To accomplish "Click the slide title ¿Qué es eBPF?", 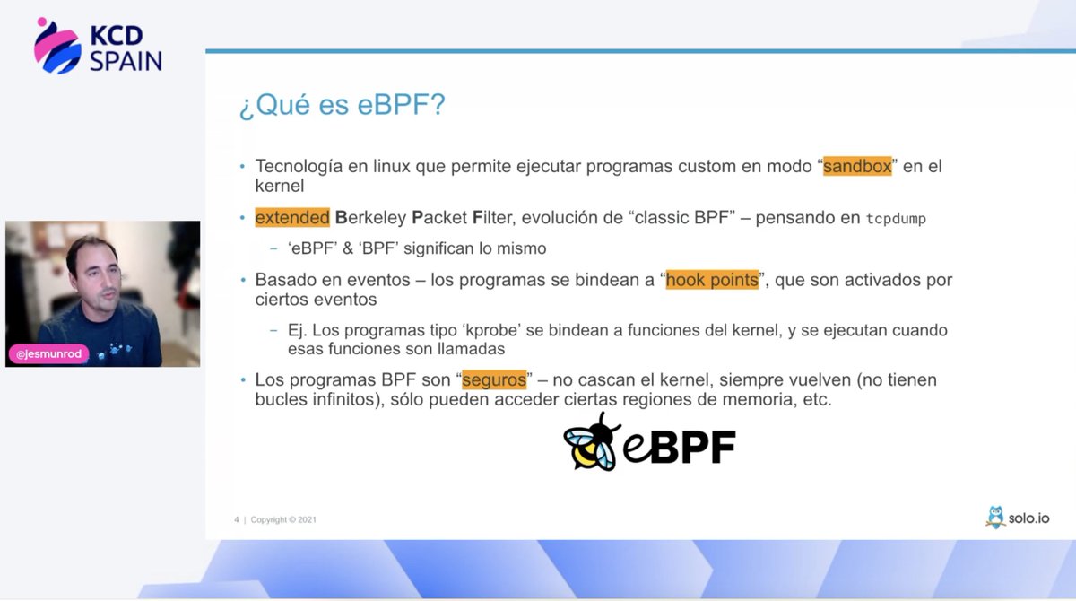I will (x=342, y=105).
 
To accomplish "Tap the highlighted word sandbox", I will (x=857, y=167).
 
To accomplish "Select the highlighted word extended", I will (x=292, y=218).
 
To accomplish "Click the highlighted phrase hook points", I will (x=713, y=280).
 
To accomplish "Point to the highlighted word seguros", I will (x=493, y=379).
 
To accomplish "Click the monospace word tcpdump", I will (x=895, y=219).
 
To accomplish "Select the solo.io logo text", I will (x=1028, y=518).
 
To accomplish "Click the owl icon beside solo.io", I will (x=994, y=517).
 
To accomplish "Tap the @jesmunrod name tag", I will (x=49, y=354).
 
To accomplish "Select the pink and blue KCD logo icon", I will (x=57, y=46).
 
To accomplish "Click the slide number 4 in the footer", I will (x=237, y=519).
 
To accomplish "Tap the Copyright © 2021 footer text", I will (x=283, y=519).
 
